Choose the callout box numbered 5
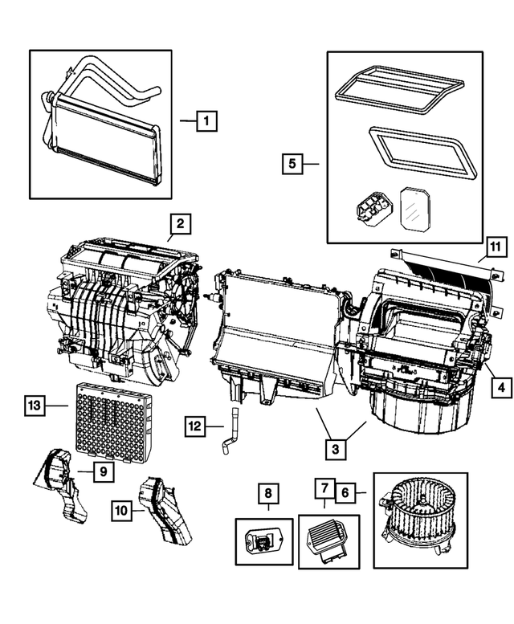pyautogui.click(x=293, y=164)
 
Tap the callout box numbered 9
pyautogui.click(x=103, y=472)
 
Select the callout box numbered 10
pyautogui.click(x=121, y=508)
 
